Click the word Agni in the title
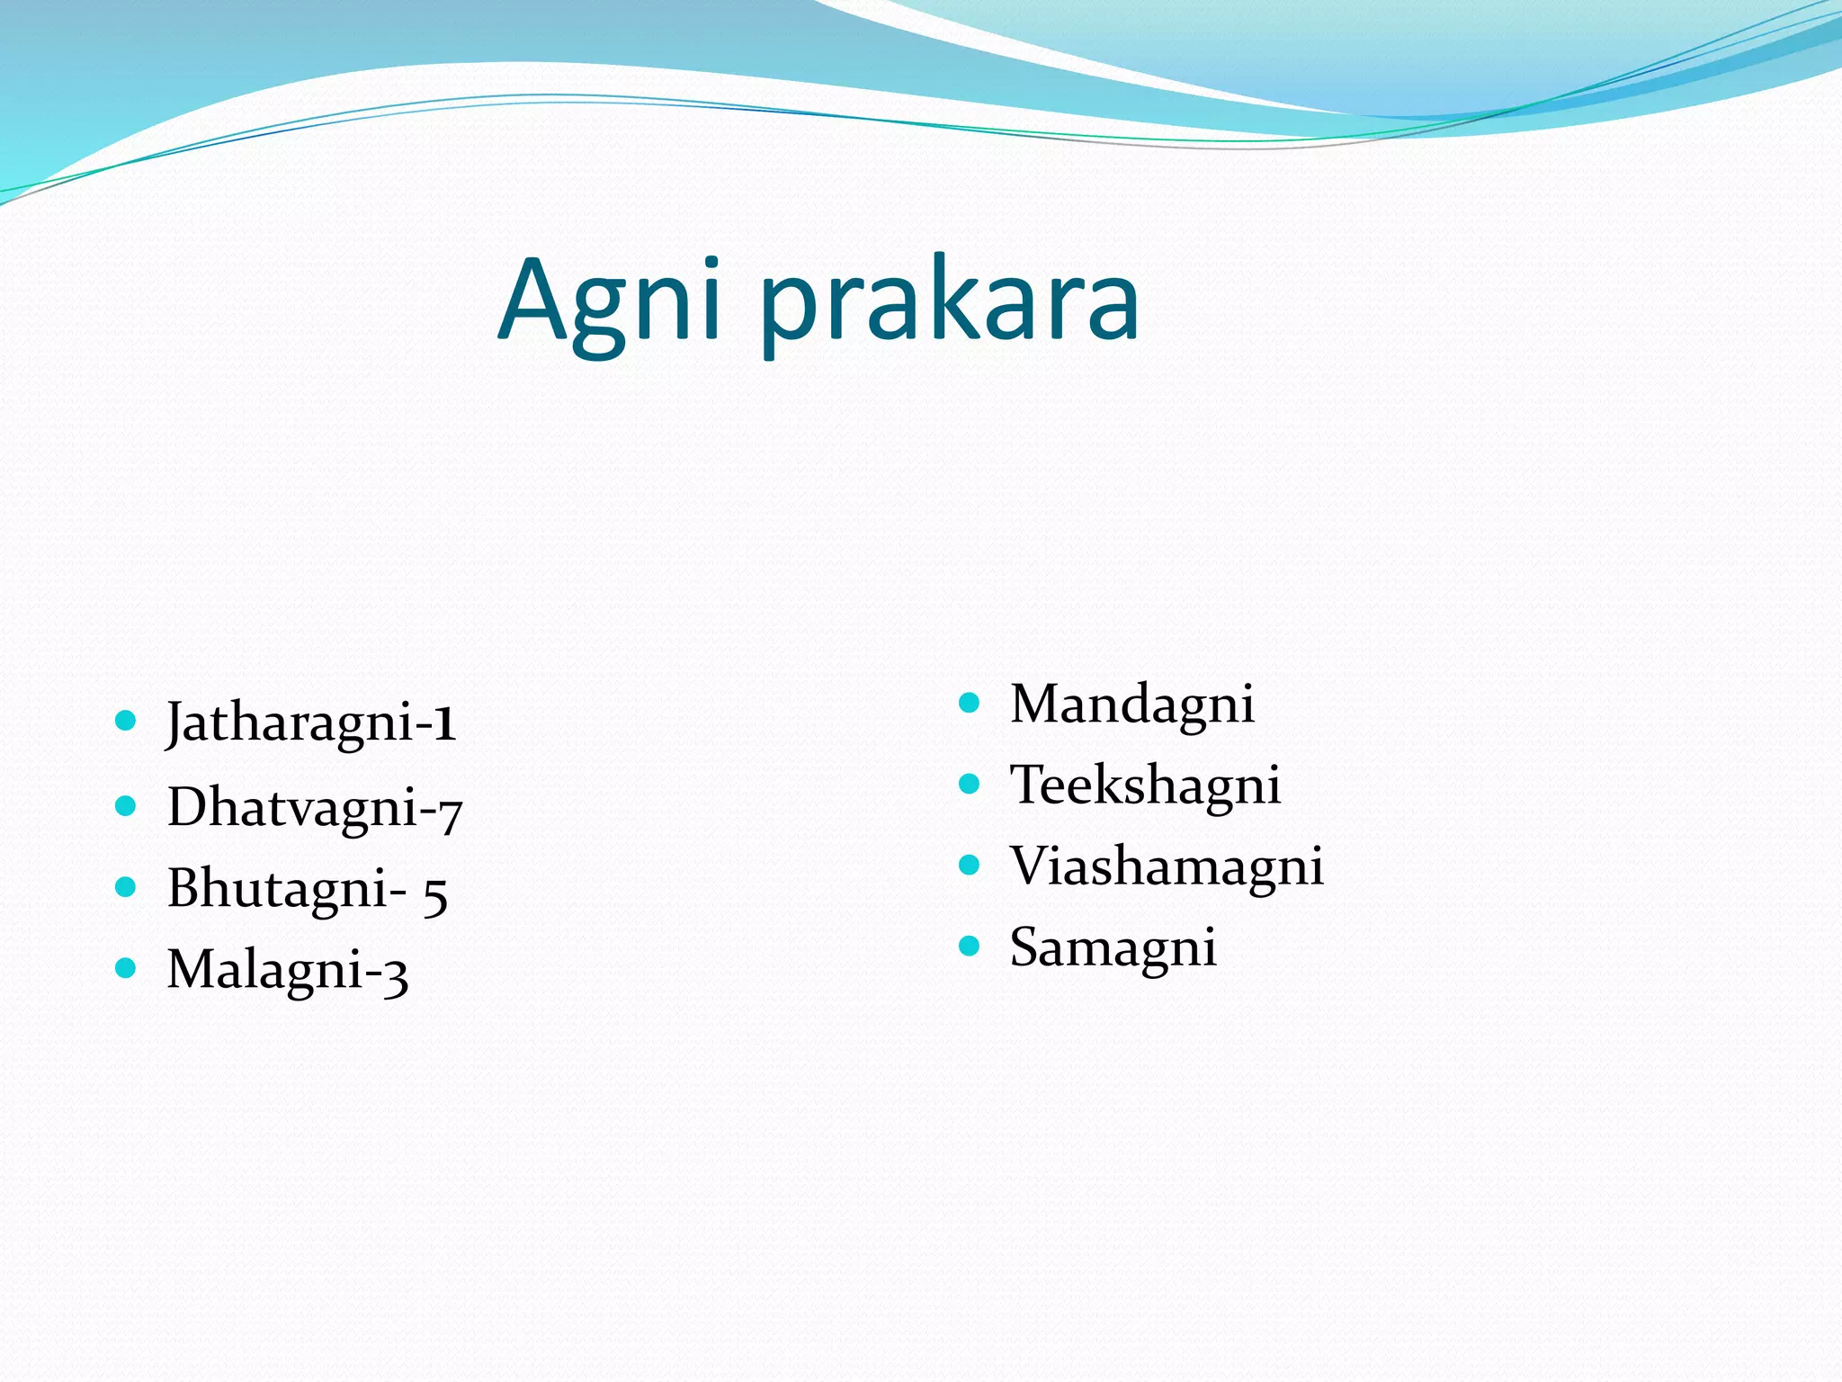point(609,301)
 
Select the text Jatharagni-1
point(311,722)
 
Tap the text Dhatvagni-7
point(314,806)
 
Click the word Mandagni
point(1131,704)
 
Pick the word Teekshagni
point(1145,785)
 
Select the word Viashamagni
point(1167,866)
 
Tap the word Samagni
point(1113,947)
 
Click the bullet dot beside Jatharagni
point(126,720)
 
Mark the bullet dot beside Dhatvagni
point(126,804)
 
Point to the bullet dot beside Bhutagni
point(126,886)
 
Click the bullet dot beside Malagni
point(126,968)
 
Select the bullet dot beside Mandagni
point(969,702)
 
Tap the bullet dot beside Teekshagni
point(969,784)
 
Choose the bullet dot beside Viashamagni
point(969,865)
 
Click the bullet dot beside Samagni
point(969,946)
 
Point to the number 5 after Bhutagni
point(435,894)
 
